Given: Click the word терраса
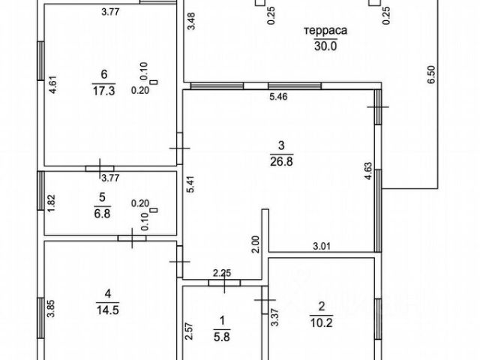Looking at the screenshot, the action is pyautogui.click(x=325, y=32).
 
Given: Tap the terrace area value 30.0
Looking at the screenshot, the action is pyautogui.click(x=325, y=45).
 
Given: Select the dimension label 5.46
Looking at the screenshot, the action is pyautogui.click(x=278, y=97).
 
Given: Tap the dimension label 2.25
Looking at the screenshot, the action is pyautogui.click(x=221, y=272).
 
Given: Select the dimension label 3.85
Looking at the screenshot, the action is pyautogui.click(x=51, y=310).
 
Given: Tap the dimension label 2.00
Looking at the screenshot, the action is pyautogui.click(x=256, y=244).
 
